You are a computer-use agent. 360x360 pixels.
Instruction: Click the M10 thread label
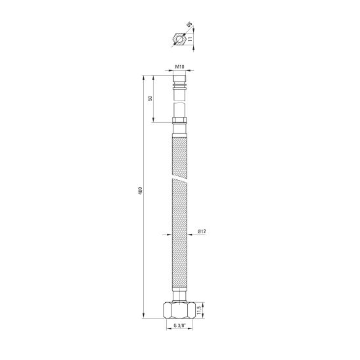pos(180,67)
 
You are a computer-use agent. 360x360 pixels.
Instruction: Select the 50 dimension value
pos(150,99)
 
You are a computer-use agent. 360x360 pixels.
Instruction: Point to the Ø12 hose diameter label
pos(202,231)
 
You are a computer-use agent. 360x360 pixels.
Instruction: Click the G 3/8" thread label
pos(179,325)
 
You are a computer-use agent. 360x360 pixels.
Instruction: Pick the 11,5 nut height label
pos(199,311)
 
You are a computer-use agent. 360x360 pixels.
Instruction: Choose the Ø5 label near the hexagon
pos(190,24)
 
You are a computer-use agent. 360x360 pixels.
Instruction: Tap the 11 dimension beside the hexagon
pos(191,39)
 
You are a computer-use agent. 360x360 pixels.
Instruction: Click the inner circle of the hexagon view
pos(179,39)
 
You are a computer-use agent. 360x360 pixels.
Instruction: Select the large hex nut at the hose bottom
pos(179,311)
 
